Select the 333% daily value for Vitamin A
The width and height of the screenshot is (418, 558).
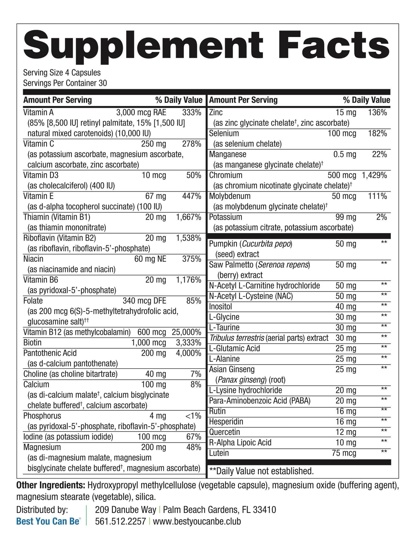191,113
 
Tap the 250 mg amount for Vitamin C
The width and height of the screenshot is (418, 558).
154,144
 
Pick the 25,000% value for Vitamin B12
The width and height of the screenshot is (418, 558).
186,332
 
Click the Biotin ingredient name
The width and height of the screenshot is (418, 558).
32,343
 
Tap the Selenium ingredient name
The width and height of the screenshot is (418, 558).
224,133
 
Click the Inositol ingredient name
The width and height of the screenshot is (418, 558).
220,306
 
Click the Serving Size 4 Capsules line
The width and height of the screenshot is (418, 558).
62,72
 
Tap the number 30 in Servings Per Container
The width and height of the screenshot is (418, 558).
103,83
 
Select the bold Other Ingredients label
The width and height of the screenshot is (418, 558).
51,485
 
